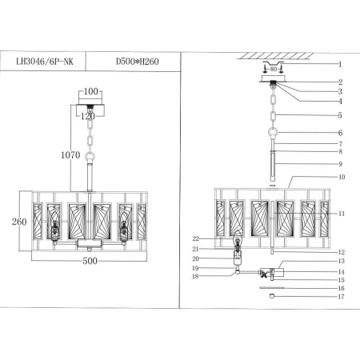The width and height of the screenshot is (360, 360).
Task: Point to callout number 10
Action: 340,177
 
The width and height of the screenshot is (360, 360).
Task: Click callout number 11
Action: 340,214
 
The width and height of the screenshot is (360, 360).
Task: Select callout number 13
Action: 340,261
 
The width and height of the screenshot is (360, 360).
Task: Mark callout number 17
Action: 340,298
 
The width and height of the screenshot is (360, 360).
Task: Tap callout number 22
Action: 195,238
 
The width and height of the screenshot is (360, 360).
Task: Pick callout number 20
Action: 195,258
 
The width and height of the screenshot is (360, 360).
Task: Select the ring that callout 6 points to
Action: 274,133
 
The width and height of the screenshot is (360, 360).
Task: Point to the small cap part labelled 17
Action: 274,297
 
